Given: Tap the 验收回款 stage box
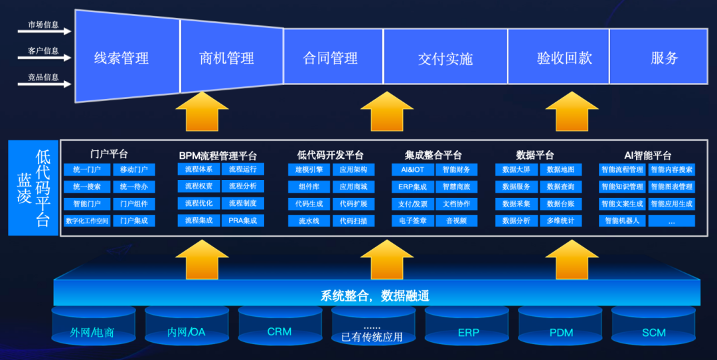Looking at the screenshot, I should point(565,58).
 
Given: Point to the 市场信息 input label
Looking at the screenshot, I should point(43,25).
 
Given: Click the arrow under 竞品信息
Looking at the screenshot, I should point(49,84).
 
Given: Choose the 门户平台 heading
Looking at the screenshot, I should point(109,154).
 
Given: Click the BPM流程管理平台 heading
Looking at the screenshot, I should point(218,155).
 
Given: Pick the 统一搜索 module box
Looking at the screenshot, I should point(87,187).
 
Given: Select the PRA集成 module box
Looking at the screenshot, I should point(242,221).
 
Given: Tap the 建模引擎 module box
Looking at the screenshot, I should point(310,169).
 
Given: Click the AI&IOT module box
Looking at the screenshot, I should point(413,169).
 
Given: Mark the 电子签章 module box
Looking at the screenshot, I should point(413,221).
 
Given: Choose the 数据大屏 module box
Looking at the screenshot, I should point(517,169).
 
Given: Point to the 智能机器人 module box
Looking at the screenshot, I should point(622,221).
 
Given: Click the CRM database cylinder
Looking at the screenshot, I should point(279,331).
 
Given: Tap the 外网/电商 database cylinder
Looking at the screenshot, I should point(92,331).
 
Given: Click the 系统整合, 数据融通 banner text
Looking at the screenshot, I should point(375,295).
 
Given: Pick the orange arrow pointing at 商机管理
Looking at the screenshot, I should point(202,111).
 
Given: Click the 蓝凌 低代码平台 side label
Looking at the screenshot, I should point(33,187).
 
